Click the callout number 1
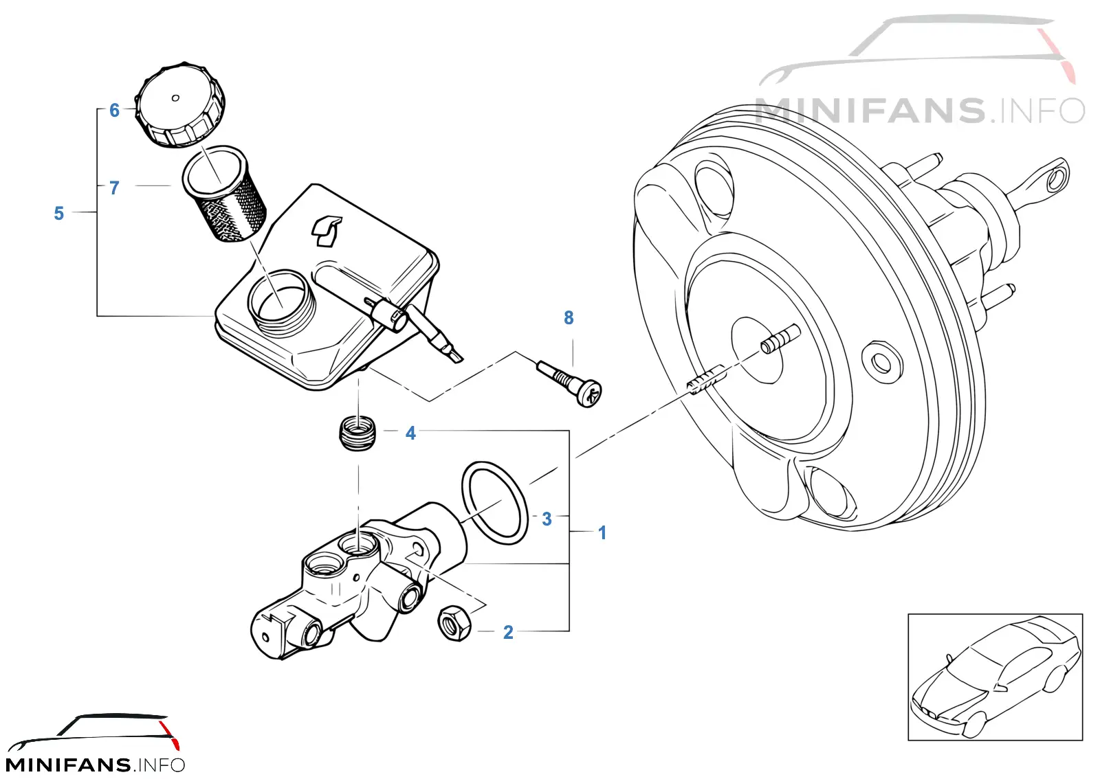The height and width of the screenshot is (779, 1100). tap(602, 532)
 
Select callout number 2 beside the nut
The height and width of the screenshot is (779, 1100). tap(508, 632)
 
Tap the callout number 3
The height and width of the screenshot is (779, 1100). tap(547, 519)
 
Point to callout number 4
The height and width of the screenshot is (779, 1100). tap(410, 433)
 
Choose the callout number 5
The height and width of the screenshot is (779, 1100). tap(59, 213)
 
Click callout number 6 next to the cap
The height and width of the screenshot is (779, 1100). tap(114, 110)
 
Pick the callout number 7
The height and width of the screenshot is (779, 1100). tap(114, 188)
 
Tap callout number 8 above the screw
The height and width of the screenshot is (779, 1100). tap(569, 317)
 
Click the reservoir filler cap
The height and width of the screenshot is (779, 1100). tap(179, 104)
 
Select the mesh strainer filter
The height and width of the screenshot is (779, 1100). tap(224, 193)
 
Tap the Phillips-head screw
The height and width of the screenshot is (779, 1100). tap(570, 383)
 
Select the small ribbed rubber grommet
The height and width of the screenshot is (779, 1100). tap(358, 433)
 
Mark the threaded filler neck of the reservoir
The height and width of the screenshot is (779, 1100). tap(283, 301)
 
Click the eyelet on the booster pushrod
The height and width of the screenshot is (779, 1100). tap(1056, 178)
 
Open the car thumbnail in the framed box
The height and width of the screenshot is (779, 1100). tap(995, 677)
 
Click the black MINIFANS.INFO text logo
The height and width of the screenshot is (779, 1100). tap(95, 765)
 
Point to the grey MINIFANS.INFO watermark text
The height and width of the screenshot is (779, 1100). tap(919, 111)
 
